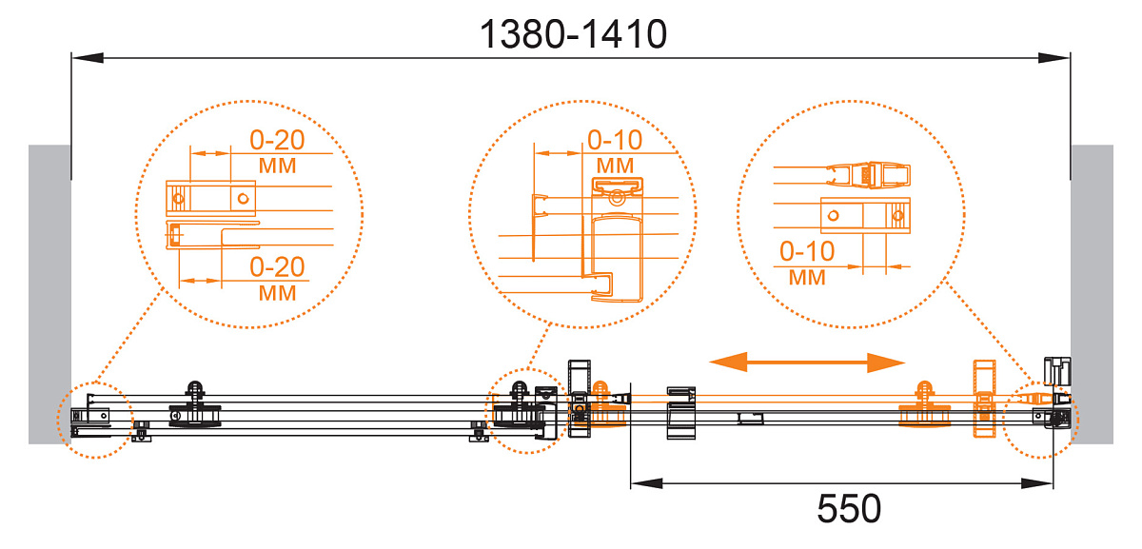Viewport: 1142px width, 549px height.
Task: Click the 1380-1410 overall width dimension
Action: [x=573, y=34]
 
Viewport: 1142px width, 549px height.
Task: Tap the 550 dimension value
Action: [x=849, y=509]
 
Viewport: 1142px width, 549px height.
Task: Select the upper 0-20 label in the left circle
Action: [x=277, y=140]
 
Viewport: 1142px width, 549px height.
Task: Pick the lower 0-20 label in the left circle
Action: [x=277, y=266]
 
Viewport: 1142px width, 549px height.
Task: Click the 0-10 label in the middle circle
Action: [x=615, y=140]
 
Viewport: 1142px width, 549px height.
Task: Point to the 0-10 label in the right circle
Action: [x=807, y=251]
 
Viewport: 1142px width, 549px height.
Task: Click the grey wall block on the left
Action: [x=49, y=294]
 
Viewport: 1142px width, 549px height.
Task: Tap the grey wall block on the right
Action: [x=1093, y=294]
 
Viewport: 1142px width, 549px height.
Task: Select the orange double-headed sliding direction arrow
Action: [x=807, y=363]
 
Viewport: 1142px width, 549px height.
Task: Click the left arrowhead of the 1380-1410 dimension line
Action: [x=88, y=58]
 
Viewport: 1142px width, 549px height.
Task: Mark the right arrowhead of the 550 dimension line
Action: [x=1037, y=483]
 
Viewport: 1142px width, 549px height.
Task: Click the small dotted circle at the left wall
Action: [x=95, y=420]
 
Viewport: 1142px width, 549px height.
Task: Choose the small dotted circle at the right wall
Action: [x=1040, y=420]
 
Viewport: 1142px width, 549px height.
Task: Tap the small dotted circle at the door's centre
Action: [x=527, y=411]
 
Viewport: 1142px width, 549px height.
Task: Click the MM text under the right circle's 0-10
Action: [x=807, y=278]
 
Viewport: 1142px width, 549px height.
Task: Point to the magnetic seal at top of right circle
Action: [x=868, y=175]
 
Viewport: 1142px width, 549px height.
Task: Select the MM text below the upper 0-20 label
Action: [x=277, y=166]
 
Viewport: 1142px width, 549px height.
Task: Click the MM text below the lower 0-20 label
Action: [x=277, y=293]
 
